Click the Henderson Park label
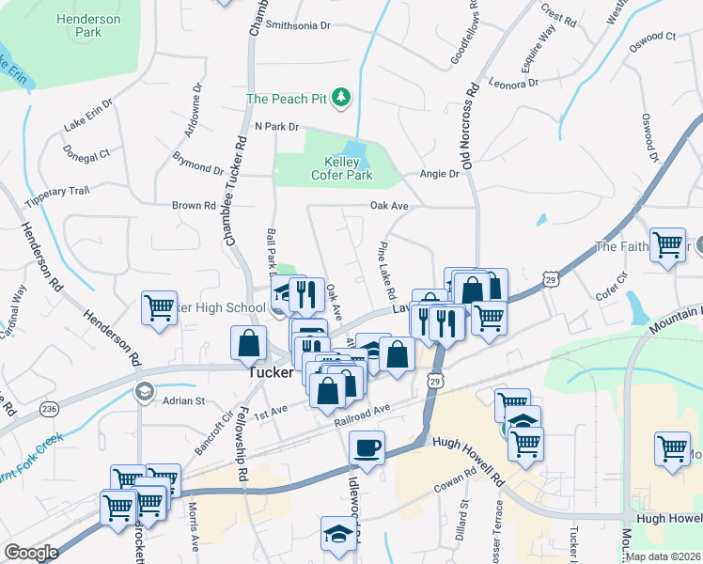point(88,25)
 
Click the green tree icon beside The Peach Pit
point(342,97)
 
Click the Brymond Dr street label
point(197,164)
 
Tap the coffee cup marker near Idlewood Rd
point(367,447)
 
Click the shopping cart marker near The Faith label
point(668,245)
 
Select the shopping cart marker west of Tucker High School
point(159,306)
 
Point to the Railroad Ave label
point(363,414)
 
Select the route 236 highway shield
point(49,408)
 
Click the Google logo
point(31,552)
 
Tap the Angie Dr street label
point(439,174)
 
